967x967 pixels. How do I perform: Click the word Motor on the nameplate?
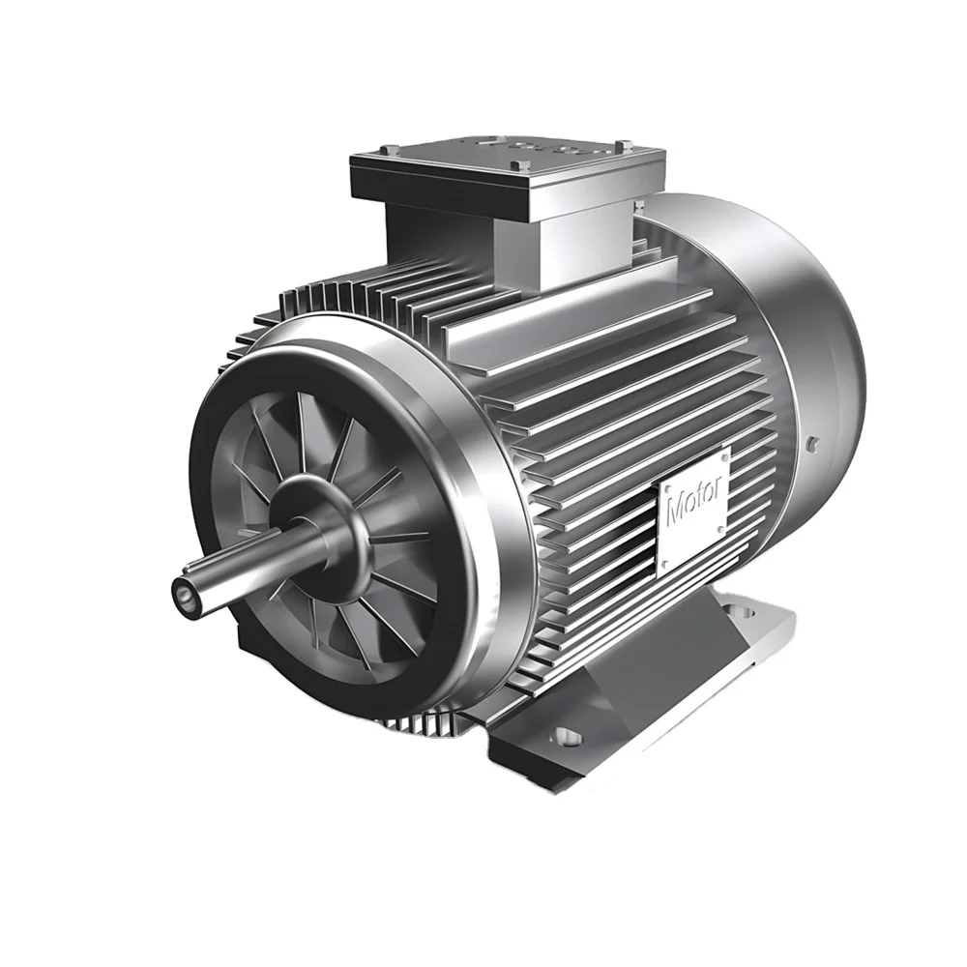(x=693, y=506)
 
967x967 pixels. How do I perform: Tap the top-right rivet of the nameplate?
(x=723, y=452)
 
